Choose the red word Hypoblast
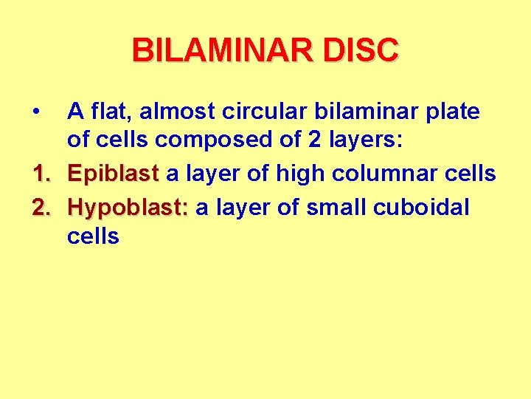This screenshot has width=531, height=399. pyautogui.click(x=128, y=208)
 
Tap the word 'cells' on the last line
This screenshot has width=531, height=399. pyautogui.click(x=93, y=236)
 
